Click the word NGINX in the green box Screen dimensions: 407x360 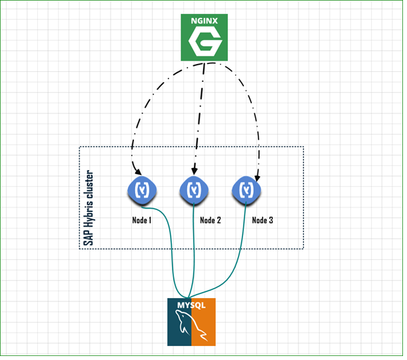click(x=204, y=21)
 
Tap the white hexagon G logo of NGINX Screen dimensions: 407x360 click(x=205, y=42)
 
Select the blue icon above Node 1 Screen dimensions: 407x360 click(x=142, y=191)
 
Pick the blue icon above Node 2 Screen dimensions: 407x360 click(x=194, y=191)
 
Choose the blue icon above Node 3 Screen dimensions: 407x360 click(x=246, y=191)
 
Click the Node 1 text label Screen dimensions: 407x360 click(x=142, y=220)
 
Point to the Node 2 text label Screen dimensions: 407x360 click(x=210, y=220)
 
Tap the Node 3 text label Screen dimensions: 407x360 click(x=262, y=220)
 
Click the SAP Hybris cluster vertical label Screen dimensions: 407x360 click(x=88, y=208)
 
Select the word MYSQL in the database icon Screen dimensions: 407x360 click(x=191, y=305)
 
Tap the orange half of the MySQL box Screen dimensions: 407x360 click(x=204, y=322)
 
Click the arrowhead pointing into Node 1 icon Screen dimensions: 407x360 click(x=139, y=172)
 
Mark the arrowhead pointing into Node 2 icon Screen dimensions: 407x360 click(x=195, y=171)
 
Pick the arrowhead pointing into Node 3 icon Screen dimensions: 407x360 click(x=257, y=178)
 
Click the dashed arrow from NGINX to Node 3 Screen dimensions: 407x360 click(x=250, y=104)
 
